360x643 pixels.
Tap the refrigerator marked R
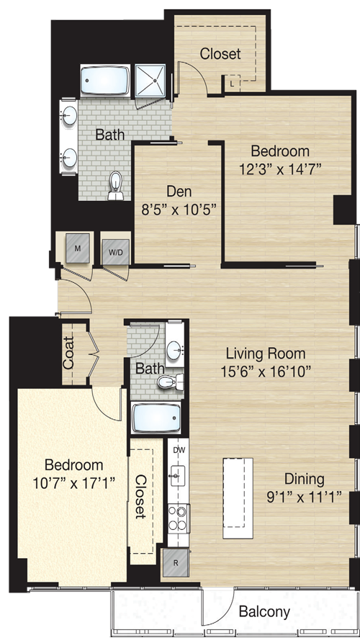click(x=176, y=562)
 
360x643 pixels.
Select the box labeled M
click(x=78, y=248)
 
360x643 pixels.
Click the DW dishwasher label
click(x=179, y=450)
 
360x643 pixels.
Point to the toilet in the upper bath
click(x=116, y=185)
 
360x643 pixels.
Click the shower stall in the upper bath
click(x=150, y=81)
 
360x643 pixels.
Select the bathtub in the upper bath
click(x=105, y=81)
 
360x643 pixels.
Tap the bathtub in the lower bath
click(x=157, y=418)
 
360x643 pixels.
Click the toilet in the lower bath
click(x=169, y=382)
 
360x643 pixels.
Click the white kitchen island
click(x=238, y=499)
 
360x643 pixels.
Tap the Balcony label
click(x=264, y=612)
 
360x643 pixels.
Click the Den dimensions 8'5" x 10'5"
click(x=179, y=210)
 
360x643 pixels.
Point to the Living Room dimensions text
click(x=266, y=372)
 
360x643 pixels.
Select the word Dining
click(x=305, y=479)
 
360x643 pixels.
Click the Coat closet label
click(x=68, y=353)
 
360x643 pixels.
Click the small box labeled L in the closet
click(x=233, y=84)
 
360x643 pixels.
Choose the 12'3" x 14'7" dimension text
click(x=279, y=169)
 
